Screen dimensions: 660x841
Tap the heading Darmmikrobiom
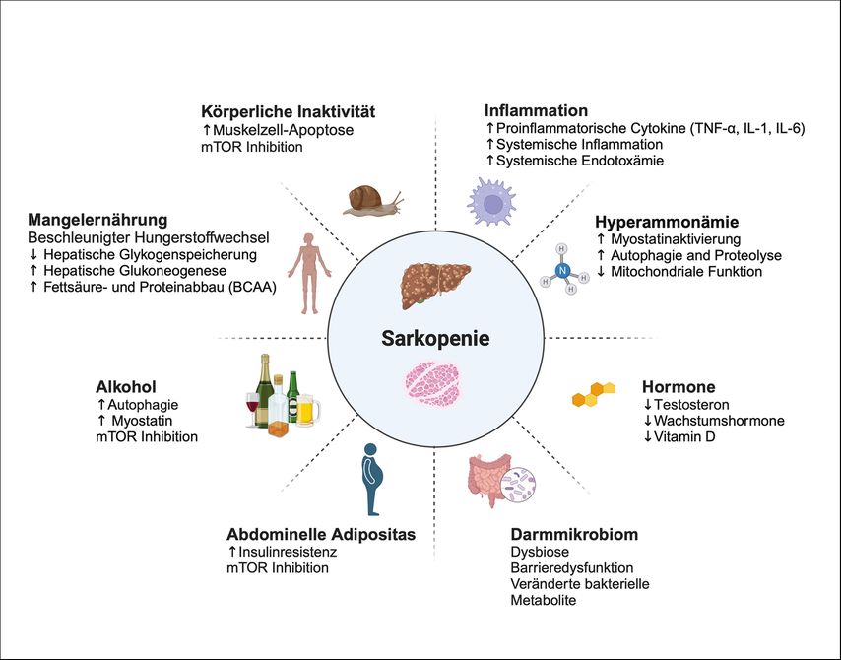(574, 534)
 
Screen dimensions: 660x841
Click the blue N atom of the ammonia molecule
(563, 269)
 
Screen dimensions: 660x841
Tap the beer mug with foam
(308, 409)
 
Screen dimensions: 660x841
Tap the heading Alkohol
(125, 386)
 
